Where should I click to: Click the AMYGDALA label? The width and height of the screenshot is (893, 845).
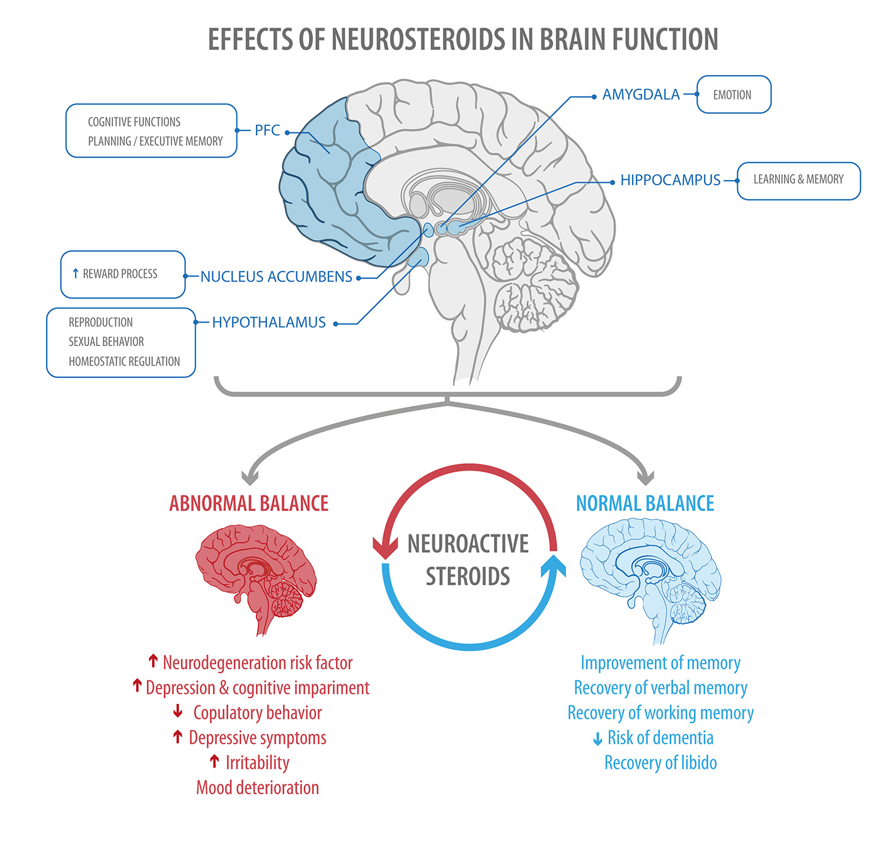[x=641, y=95]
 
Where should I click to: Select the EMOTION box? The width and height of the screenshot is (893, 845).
[x=734, y=95]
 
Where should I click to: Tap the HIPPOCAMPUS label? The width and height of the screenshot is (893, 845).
[x=670, y=180]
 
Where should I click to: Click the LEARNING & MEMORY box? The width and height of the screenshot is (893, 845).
[x=798, y=180]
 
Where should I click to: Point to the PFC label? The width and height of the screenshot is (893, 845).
[x=267, y=130]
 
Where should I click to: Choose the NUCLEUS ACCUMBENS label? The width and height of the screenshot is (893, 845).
[x=276, y=277]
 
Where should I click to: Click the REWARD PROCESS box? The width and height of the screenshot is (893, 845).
[x=123, y=274]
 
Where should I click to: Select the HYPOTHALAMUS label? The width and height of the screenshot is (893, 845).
[x=268, y=323]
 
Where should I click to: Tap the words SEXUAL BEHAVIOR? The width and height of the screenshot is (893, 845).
[x=107, y=342]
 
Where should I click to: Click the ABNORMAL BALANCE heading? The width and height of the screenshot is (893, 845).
[x=249, y=503]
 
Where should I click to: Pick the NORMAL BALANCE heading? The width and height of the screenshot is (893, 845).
[x=645, y=503]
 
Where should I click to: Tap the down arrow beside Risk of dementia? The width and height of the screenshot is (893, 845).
[x=597, y=739]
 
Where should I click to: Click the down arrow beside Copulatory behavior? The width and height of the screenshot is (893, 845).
[x=178, y=712]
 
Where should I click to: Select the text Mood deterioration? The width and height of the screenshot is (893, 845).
[x=258, y=788]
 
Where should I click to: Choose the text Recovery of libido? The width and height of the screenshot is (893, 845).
[x=660, y=763]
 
